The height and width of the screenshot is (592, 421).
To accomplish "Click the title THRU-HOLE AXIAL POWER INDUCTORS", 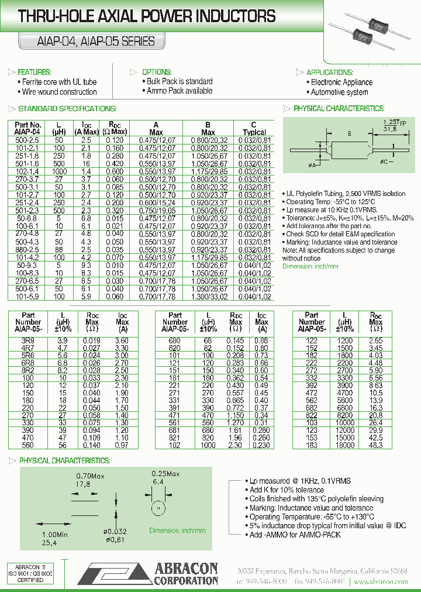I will [147, 16].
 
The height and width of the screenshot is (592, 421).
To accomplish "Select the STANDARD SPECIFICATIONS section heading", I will [67, 109].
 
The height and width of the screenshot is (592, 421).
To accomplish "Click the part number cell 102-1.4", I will [27, 172].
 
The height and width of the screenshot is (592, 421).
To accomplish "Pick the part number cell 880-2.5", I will [27, 249].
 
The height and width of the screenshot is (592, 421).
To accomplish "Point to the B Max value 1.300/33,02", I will [208, 297].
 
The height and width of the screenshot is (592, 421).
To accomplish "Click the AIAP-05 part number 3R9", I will [27, 340].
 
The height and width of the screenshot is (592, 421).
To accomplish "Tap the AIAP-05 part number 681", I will [174, 430].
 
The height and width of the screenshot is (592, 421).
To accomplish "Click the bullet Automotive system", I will [339, 92].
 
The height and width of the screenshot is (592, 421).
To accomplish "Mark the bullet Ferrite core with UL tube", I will [59, 82].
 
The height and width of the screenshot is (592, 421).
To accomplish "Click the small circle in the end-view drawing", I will [156, 508].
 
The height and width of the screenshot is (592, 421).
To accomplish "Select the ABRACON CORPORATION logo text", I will [185, 573].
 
